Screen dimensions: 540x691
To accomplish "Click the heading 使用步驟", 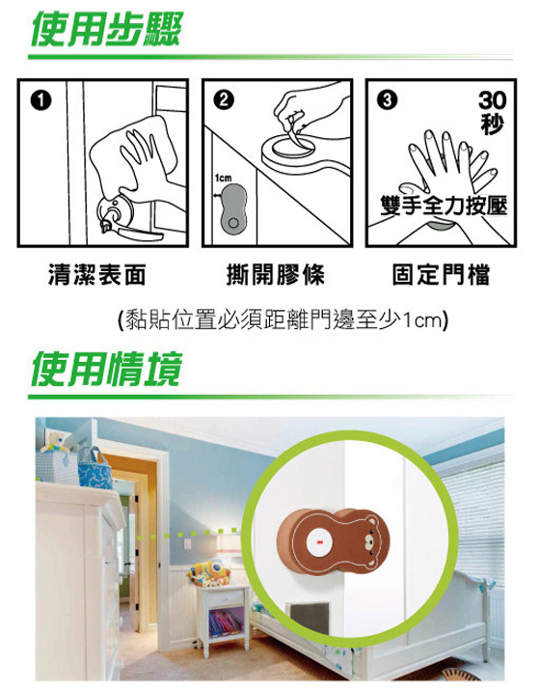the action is point(106,29).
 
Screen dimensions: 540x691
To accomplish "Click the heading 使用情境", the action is point(106,370).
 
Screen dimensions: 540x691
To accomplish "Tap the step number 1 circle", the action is point(40,101).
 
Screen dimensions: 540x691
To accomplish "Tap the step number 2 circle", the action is point(224,100).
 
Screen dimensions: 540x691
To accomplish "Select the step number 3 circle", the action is point(387,100).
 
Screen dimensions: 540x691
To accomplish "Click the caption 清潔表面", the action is point(96,274).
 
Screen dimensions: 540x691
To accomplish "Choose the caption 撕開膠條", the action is point(275,274).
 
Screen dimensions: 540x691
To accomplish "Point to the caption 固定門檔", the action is point(441,274).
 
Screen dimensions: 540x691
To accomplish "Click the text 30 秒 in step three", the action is point(492,112).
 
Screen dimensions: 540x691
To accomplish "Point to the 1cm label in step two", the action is point(223,178).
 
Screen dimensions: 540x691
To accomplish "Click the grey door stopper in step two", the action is point(233,209).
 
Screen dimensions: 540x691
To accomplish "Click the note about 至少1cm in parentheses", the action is point(283,319).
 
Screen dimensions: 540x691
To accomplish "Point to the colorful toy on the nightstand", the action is point(209,573).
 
